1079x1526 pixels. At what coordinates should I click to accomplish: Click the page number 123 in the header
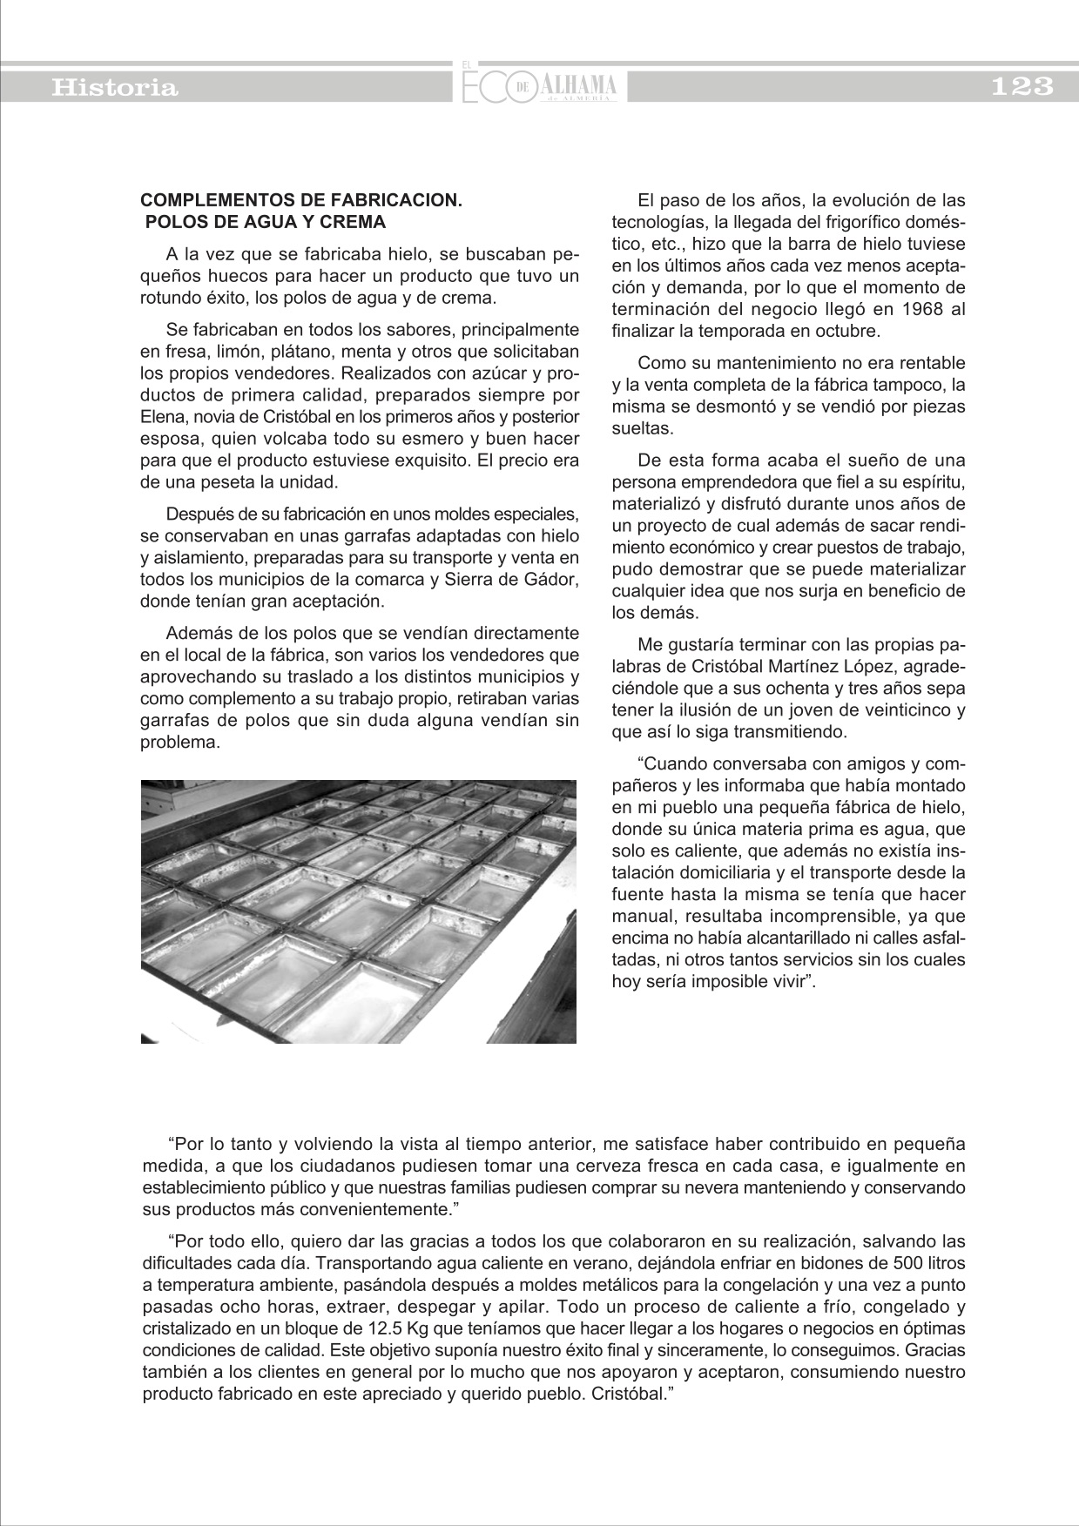tap(1022, 87)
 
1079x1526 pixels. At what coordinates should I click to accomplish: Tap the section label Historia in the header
tap(115, 88)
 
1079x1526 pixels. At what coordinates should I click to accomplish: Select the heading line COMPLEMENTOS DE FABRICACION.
tap(300, 200)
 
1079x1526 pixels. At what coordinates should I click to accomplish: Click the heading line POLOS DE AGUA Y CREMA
tap(266, 222)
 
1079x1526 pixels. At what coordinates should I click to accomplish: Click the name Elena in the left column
tap(159, 417)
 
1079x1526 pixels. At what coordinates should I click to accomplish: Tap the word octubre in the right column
tap(845, 331)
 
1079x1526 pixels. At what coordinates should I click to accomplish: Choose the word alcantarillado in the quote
tap(798, 938)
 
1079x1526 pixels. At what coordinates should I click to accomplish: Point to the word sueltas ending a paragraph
tap(642, 428)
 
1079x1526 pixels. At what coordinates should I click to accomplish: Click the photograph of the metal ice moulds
tap(358, 911)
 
